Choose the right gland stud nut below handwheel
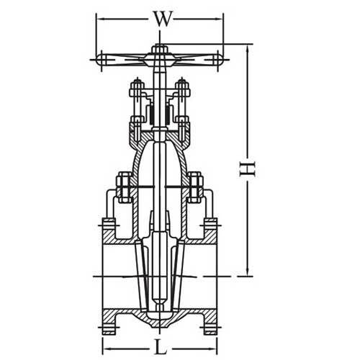pyautogui.click(x=182, y=91)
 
